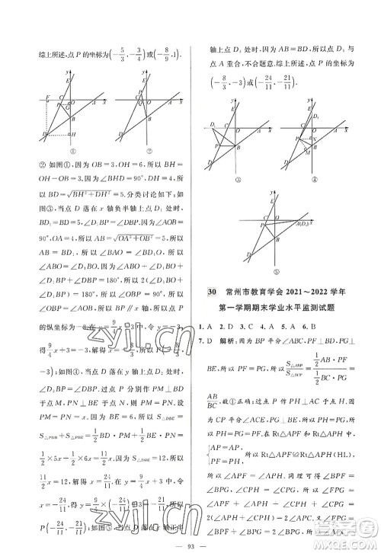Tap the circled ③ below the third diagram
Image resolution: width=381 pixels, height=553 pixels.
coord(227,181)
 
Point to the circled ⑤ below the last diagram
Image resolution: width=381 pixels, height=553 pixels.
coord(268,270)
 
